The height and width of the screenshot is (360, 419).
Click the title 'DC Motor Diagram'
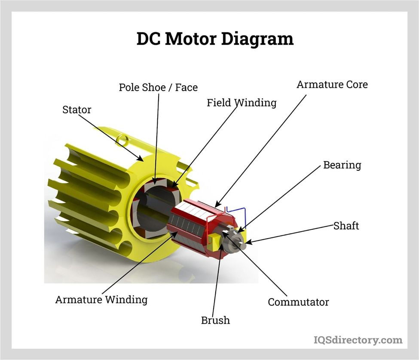click(215, 39)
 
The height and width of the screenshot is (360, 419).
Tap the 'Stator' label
click(77, 110)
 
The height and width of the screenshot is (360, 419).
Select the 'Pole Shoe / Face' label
click(158, 88)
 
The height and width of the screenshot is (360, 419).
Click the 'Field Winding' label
click(242, 103)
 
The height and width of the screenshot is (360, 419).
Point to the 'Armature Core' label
click(332, 84)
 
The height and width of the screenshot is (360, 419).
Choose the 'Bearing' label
click(342, 165)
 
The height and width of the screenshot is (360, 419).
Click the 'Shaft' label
click(346, 225)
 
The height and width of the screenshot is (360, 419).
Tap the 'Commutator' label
click(298, 302)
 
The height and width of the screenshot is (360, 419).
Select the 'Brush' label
click(215, 320)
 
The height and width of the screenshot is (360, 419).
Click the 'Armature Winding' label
click(101, 299)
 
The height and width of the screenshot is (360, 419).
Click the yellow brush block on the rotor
click(214, 240)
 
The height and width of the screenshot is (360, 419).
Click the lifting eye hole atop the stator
click(122, 139)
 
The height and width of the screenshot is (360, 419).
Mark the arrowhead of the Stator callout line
click(142, 160)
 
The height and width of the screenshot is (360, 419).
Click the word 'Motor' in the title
click(191, 39)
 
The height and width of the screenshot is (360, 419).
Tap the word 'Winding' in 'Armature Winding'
click(128, 299)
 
